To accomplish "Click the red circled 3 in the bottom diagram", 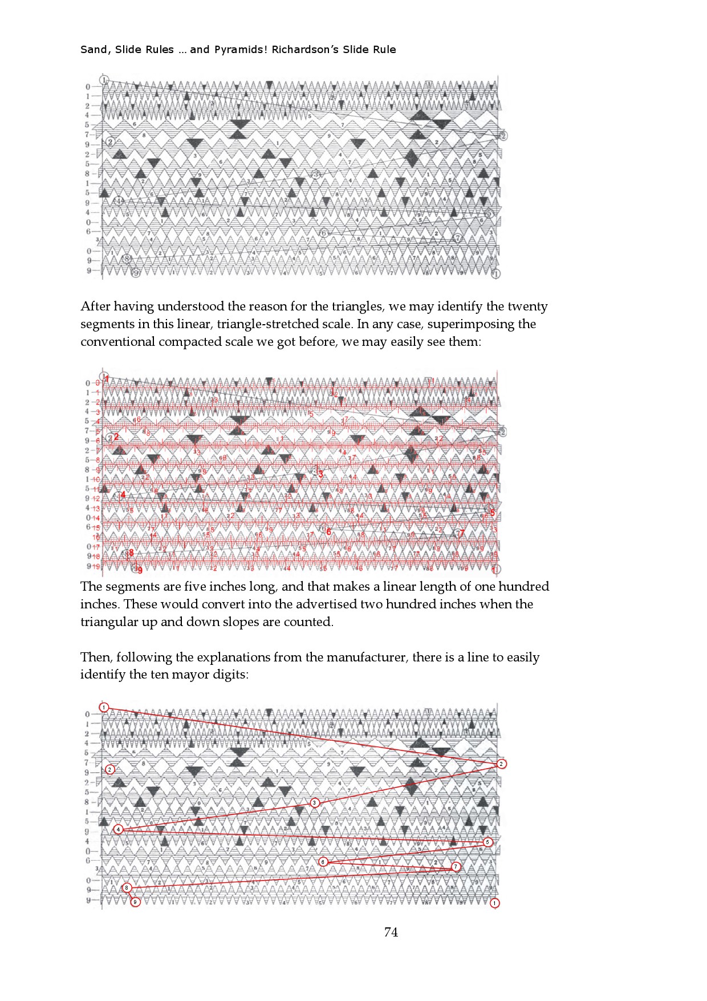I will [x=315, y=802].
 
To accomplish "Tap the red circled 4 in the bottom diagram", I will [x=118, y=829].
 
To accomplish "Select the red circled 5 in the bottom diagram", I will [x=487, y=842].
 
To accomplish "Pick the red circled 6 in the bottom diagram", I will [x=323, y=862].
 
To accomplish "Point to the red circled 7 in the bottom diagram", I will [x=456, y=866].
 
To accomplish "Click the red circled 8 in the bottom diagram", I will [x=127, y=887].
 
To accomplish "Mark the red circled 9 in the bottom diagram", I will [x=135, y=902].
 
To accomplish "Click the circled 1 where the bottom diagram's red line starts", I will [x=104, y=707].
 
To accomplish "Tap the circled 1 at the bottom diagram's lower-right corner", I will [x=494, y=903].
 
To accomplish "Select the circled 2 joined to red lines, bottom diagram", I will [x=501, y=764].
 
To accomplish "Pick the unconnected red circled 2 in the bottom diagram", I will [x=110, y=769].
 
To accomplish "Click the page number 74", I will [x=391, y=932].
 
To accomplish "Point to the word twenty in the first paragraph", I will [x=527, y=306].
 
